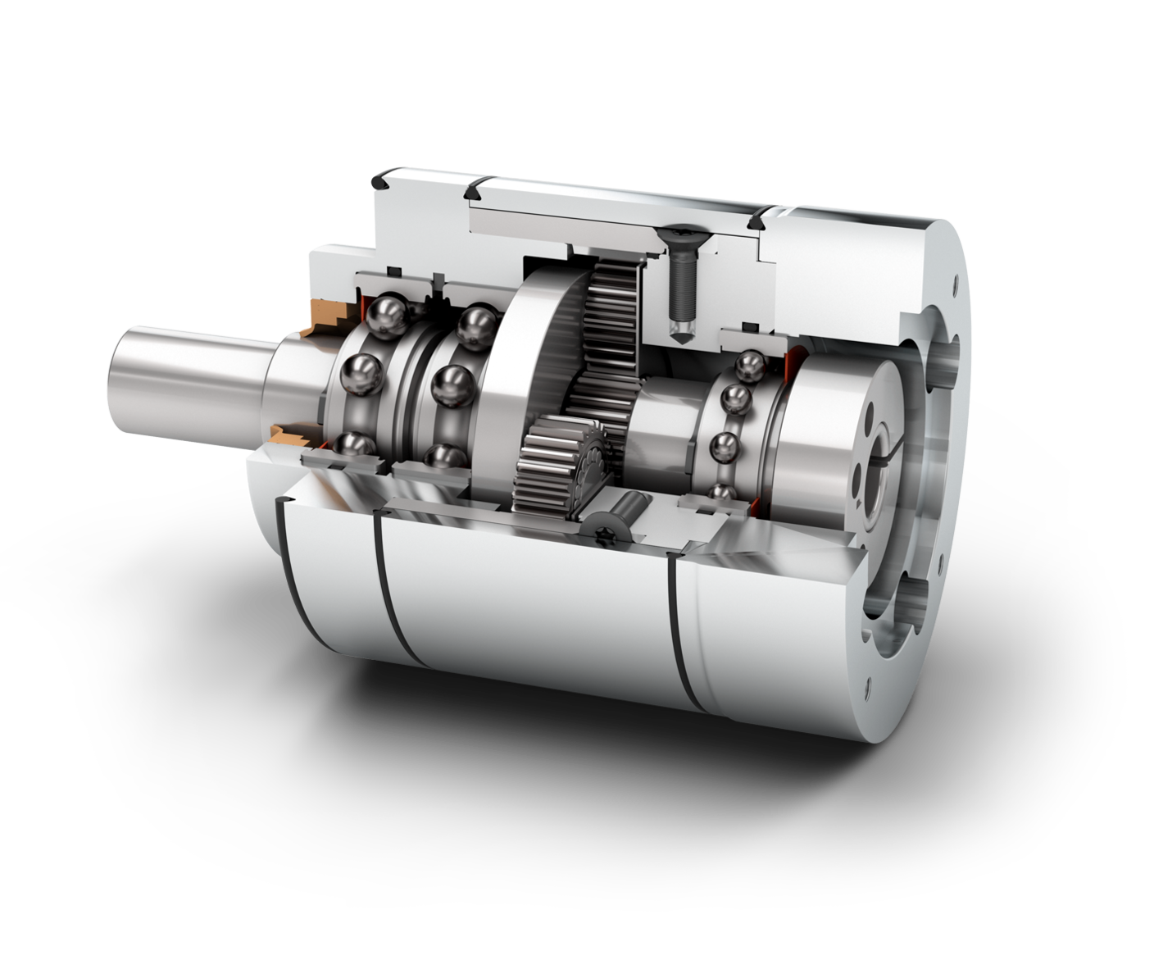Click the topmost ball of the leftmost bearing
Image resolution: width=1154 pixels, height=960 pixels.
click(x=384, y=315)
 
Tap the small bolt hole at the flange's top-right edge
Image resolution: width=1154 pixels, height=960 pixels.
click(x=955, y=289)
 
